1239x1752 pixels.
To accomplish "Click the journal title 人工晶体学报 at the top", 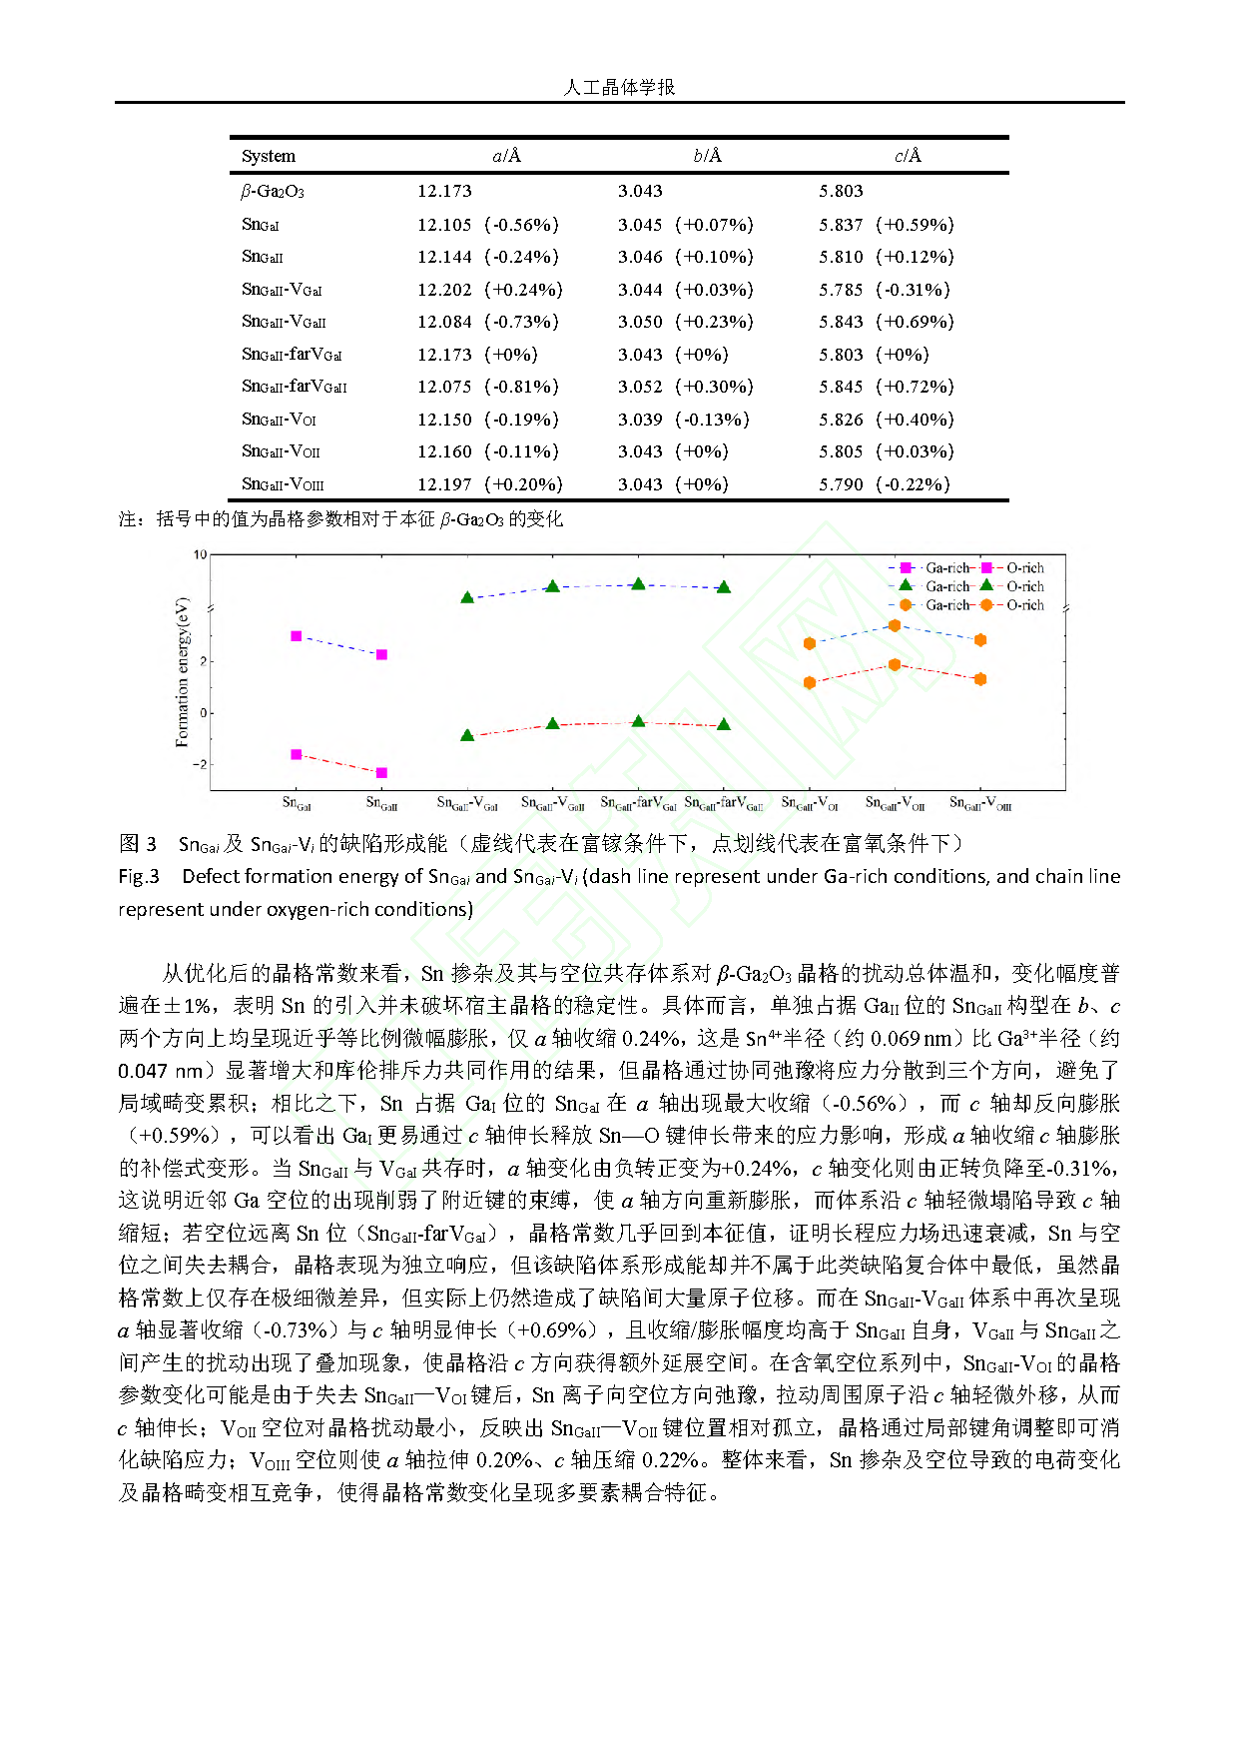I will pyautogui.click(x=619, y=88).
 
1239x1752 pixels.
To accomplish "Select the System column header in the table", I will pyautogui.click(x=269, y=156).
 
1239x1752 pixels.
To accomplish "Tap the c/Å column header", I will pyautogui.click(x=908, y=156).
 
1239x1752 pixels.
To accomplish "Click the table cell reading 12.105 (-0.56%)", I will pyautogui.click(x=488, y=225).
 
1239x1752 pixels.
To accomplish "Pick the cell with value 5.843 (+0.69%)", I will pyautogui.click(x=887, y=322).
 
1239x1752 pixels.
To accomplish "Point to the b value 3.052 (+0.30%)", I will pyautogui.click(x=686, y=387).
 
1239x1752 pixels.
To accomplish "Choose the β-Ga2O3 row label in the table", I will pyautogui.click(x=273, y=191).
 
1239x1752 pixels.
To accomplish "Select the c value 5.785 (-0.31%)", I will pyautogui.click(x=885, y=290).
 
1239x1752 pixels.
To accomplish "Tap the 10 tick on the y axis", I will pyautogui.click(x=200, y=555).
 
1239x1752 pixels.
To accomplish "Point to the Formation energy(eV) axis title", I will pyautogui.click(x=182, y=671).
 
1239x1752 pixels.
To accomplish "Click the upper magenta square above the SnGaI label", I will pyautogui.click(x=297, y=636).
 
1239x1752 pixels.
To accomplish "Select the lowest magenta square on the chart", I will pyautogui.click(x=381, y=773).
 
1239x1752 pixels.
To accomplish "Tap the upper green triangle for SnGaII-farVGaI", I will pyautogui.click(x=639, y=583).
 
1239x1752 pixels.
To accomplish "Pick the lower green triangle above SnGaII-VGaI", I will pyautogui.click(x=467, y=735).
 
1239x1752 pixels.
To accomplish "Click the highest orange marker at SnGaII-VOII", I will pyautogui.click(x=895, y=625).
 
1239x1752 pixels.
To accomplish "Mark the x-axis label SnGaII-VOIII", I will pyautogui.click(x=980, y=803).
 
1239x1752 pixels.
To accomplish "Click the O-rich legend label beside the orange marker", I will pyautogui.click(x=1025, y=605).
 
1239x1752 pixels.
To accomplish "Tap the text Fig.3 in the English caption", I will pyautogui.click(x=139, y=876).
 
